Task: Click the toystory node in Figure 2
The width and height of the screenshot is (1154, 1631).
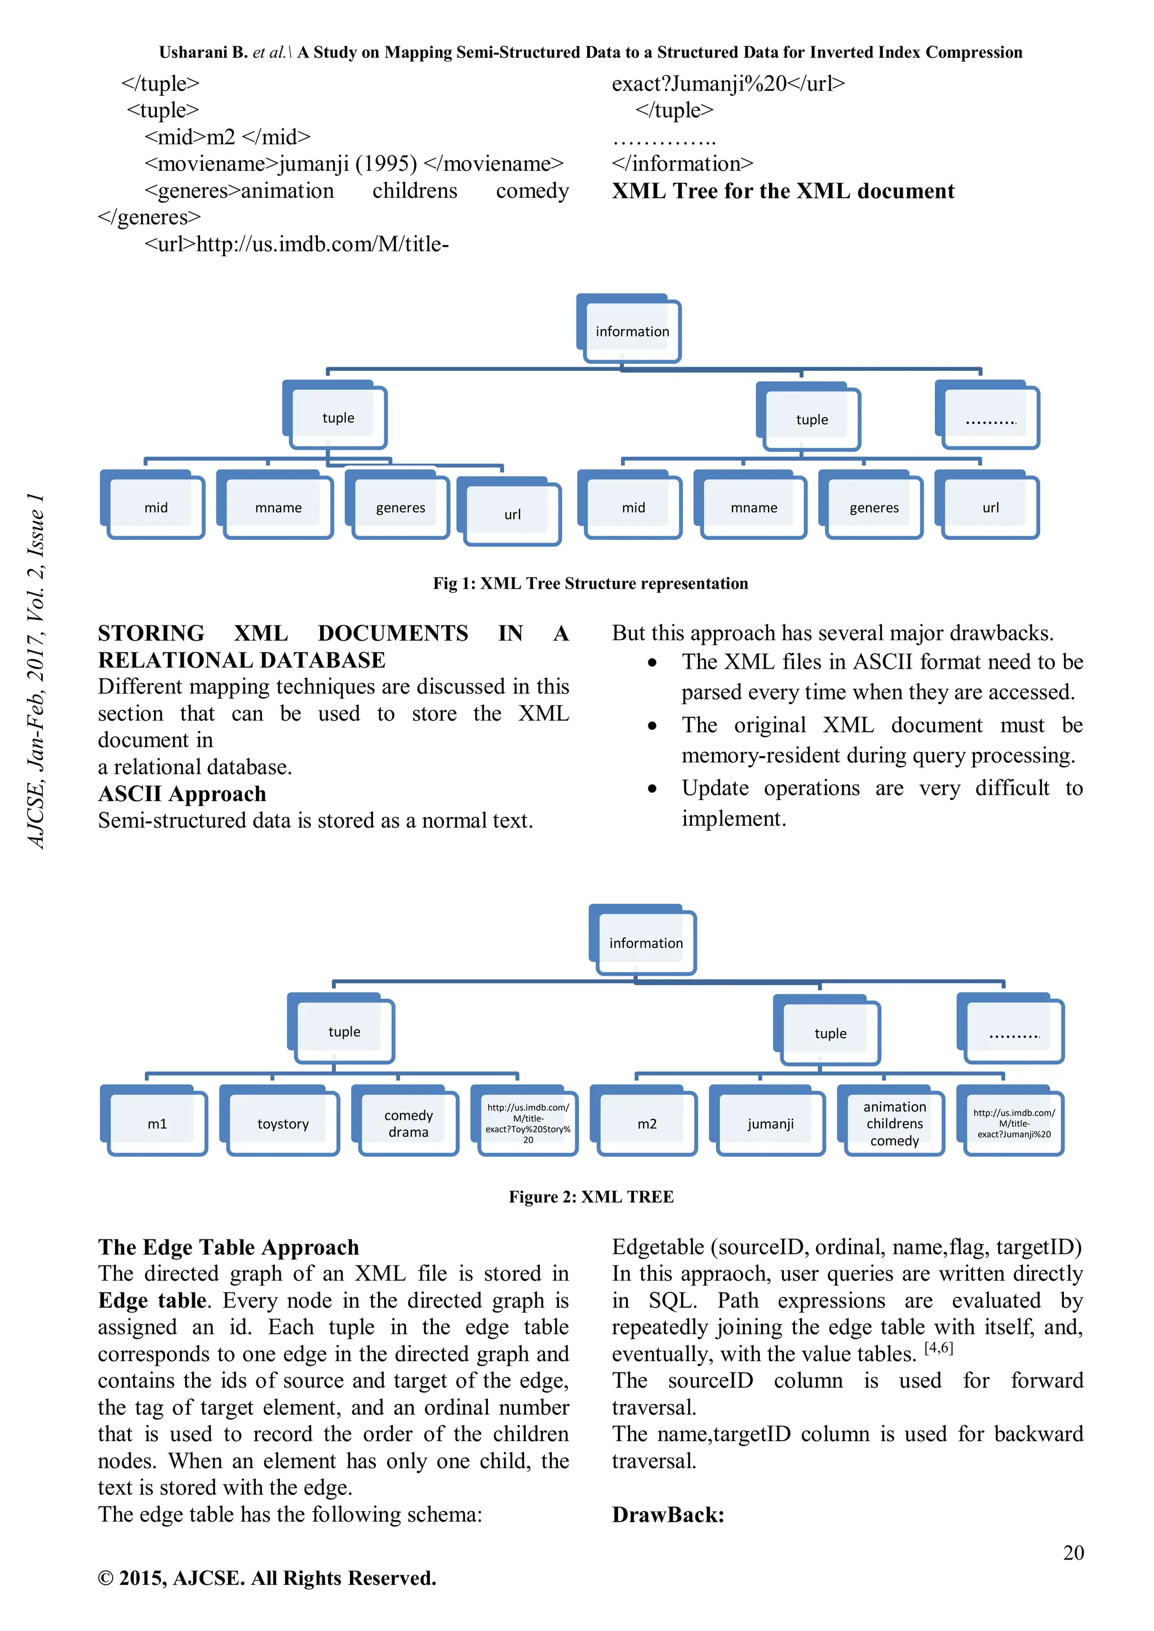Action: click(x=283, y=1123)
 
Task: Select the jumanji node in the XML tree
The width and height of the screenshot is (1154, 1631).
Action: click(x=770, y=1123)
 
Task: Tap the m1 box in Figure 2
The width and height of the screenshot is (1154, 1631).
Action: click(x=157, y=1123)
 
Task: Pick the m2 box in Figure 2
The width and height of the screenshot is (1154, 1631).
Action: click(x=647, y=1123)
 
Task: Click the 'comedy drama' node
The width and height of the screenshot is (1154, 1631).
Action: click(x=409, y=1123)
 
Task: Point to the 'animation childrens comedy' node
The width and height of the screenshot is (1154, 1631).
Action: click(x=895, y=1123)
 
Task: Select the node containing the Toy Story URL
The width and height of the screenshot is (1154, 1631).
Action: click(x=528, y=1122)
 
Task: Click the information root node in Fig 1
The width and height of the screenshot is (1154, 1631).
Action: click(x=632, y=331)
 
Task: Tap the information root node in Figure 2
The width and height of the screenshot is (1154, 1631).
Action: click(x=645, y=943)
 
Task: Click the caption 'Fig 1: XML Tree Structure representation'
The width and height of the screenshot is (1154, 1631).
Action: click(x=590, y=583)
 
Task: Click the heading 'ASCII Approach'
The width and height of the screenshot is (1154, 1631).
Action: click(x=182, y=793)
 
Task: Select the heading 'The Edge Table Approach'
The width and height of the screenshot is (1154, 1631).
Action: click(x=228, y=1247)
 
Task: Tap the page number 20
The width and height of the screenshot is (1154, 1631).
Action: click(x=1073, y=1552)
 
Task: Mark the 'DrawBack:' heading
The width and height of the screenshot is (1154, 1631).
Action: click(x=668, y=1514)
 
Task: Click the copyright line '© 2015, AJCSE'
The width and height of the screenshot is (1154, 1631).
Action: click(x=267, y=1577)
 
